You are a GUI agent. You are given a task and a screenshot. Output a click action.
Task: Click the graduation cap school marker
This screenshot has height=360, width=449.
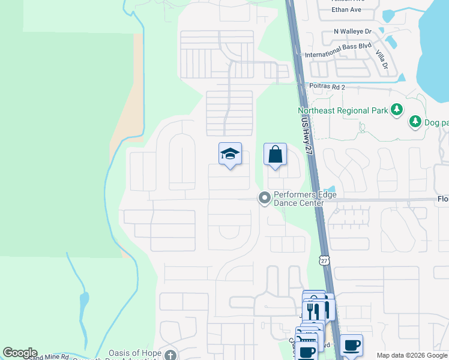click(230, 155)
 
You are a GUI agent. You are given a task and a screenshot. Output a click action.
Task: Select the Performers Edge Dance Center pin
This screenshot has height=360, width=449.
click(264, 197)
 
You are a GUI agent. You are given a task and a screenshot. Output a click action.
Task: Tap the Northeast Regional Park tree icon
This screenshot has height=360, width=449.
click(396, 110)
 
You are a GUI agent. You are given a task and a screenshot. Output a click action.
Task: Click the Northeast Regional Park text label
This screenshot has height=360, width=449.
click(343, 110)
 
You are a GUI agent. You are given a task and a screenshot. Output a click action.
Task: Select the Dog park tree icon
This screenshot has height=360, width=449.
click(415, 122)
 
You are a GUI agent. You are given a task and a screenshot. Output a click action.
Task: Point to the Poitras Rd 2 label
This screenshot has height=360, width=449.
click(327, 88)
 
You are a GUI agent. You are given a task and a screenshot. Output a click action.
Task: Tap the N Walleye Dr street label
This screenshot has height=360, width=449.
click(353, 31)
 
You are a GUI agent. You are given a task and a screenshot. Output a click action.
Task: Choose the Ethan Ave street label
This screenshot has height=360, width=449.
click(347, 10)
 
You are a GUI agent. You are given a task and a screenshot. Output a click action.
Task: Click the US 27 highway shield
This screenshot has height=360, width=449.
click(324, 260)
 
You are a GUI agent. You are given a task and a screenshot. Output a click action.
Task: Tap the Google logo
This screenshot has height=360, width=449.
click(20, 353)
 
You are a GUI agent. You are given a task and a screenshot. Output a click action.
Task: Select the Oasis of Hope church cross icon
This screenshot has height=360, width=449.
click(171, 354)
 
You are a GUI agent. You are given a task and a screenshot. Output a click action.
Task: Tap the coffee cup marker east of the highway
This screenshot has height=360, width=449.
click(352, 345)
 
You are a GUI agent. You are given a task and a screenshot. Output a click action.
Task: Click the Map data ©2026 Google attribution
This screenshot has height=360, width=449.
click(412, 355)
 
